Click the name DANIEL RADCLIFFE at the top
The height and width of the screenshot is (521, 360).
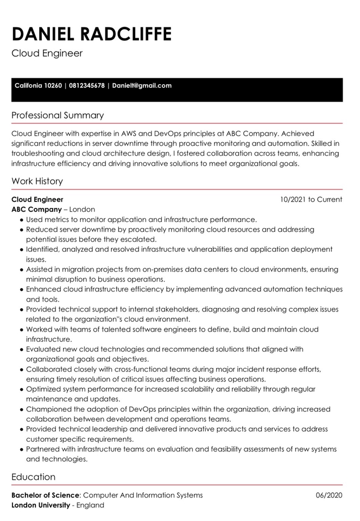click(91, 34)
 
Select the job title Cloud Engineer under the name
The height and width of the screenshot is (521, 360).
click(47, 53)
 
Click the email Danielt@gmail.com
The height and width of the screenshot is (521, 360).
click(142, 86)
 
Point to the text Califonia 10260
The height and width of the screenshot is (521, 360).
click(38, 86)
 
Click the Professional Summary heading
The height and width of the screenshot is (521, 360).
click(58, 116)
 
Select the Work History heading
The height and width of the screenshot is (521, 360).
click(37, 181)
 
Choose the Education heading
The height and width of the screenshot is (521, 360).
click(34, 477)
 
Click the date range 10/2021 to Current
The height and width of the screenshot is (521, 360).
click(311, 200)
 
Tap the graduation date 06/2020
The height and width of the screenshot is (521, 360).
click(329, 495)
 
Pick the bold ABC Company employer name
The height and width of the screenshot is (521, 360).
click(36, 209)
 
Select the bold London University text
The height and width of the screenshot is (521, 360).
click(41, 505)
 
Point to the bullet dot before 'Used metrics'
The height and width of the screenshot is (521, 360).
click(22, 220)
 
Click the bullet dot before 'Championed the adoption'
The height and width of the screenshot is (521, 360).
click(22, 409)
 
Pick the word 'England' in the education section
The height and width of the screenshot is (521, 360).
click(90, 505)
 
